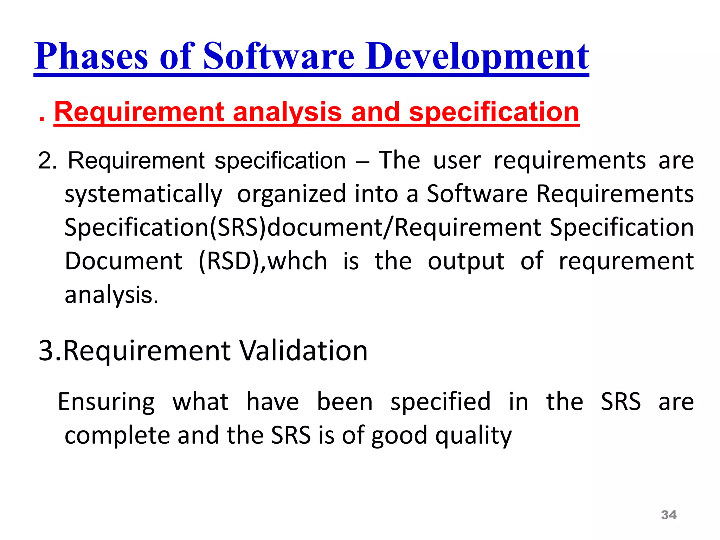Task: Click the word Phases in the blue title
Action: tap(91, 56)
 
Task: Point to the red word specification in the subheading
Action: tap(494, 112)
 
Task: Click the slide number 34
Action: tap(669, 515)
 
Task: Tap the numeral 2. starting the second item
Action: tap(47, 161)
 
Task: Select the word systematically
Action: tap(143, 194)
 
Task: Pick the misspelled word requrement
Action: tap(626, 261)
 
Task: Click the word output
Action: tap(466, 261)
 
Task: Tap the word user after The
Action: tap(457, 161)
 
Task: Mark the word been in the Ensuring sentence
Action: tap(345, 402)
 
